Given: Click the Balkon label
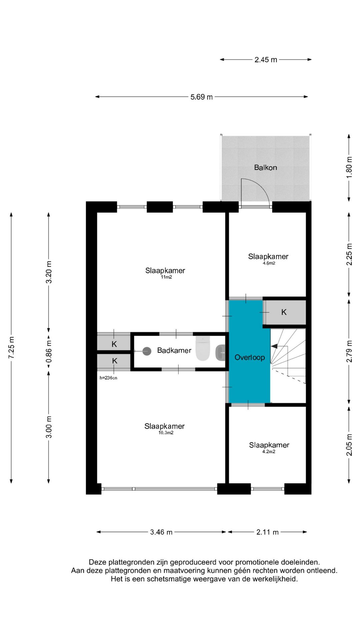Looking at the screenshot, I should click(265, 167).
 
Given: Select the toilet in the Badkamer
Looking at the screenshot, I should click(203, 349).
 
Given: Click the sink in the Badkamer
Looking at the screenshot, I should click(220, 352).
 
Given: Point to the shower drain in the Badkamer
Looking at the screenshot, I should click(147, 351).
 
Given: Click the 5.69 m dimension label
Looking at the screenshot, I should click(201, 97).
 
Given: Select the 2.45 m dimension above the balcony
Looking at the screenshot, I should click(266, 60).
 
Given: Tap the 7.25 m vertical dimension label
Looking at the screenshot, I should click(11, 348).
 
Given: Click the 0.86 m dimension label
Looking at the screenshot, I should click(49, 351).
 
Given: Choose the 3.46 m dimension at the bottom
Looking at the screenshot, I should click(161, 532).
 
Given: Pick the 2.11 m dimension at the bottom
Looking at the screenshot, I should click(267, 532).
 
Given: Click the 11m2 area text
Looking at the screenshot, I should click(166, 277).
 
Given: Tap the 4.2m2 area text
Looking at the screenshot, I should click(269, 452).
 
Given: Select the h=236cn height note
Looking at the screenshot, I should click(108, 378).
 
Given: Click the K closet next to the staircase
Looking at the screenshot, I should click(284, 312).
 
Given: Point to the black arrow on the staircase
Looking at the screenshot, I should click(274, 346).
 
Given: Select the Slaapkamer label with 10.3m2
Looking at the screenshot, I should click(164, 426).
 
